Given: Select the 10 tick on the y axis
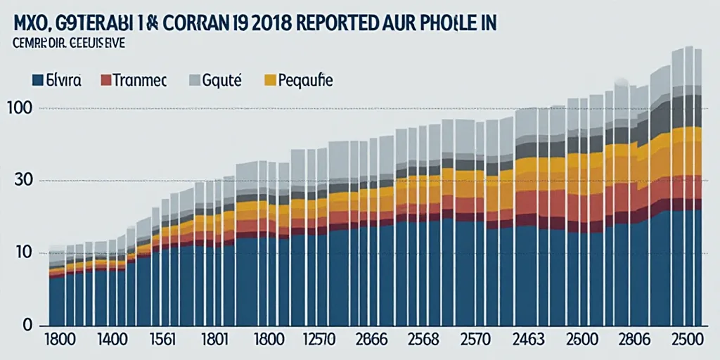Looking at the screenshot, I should pos(21,252).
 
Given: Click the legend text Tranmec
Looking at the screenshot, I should pos(141,80).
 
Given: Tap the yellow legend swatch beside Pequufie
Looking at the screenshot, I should pos(270,80).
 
